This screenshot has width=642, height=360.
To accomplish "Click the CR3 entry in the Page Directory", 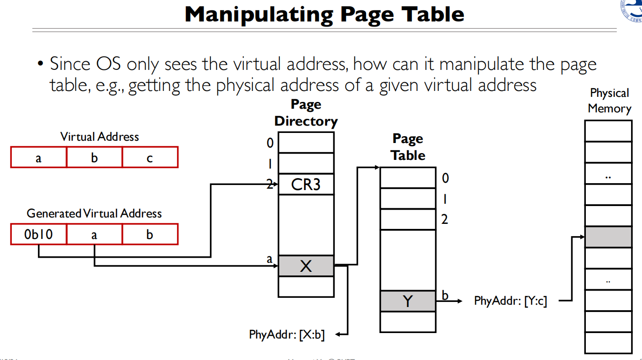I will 306,185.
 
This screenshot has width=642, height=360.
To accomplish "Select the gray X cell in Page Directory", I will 306,266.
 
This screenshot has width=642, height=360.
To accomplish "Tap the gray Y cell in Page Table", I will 408,301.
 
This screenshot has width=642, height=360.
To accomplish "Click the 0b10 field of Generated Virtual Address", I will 39,235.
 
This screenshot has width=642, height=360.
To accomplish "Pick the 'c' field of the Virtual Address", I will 150,158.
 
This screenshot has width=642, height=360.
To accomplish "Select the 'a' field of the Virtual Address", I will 38,158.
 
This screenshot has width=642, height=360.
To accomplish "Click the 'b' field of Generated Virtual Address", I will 150,235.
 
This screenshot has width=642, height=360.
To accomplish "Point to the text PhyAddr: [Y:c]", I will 510,301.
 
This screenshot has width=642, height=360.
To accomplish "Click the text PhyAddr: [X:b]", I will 287,334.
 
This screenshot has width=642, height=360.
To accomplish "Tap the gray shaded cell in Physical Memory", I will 608,237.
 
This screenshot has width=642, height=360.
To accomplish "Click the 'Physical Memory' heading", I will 609,101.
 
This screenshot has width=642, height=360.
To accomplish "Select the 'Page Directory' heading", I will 306,113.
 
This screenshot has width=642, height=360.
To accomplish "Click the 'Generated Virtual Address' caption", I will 94,213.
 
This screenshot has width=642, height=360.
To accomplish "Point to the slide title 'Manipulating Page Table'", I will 324,15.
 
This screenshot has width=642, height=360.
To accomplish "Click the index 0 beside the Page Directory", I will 270,143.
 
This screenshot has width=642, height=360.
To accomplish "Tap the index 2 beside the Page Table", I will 444,220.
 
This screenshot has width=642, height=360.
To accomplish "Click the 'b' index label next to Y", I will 445,296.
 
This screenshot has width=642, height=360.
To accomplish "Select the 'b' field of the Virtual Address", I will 95,158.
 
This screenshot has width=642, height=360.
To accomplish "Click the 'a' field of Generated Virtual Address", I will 94,235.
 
